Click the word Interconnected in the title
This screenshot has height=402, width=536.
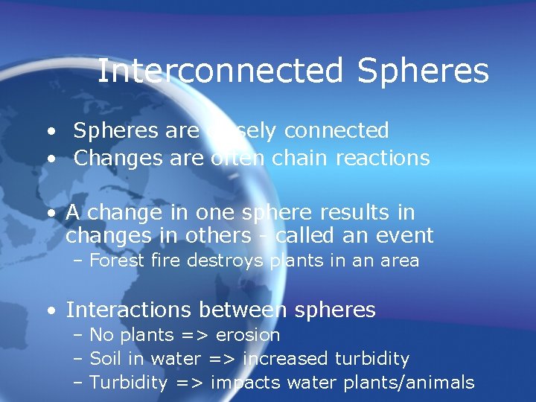click(220, 71)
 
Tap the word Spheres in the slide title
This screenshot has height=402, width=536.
click(423, 71)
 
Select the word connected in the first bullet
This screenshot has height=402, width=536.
click(336, 130)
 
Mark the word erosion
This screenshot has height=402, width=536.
click(247, 335)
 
